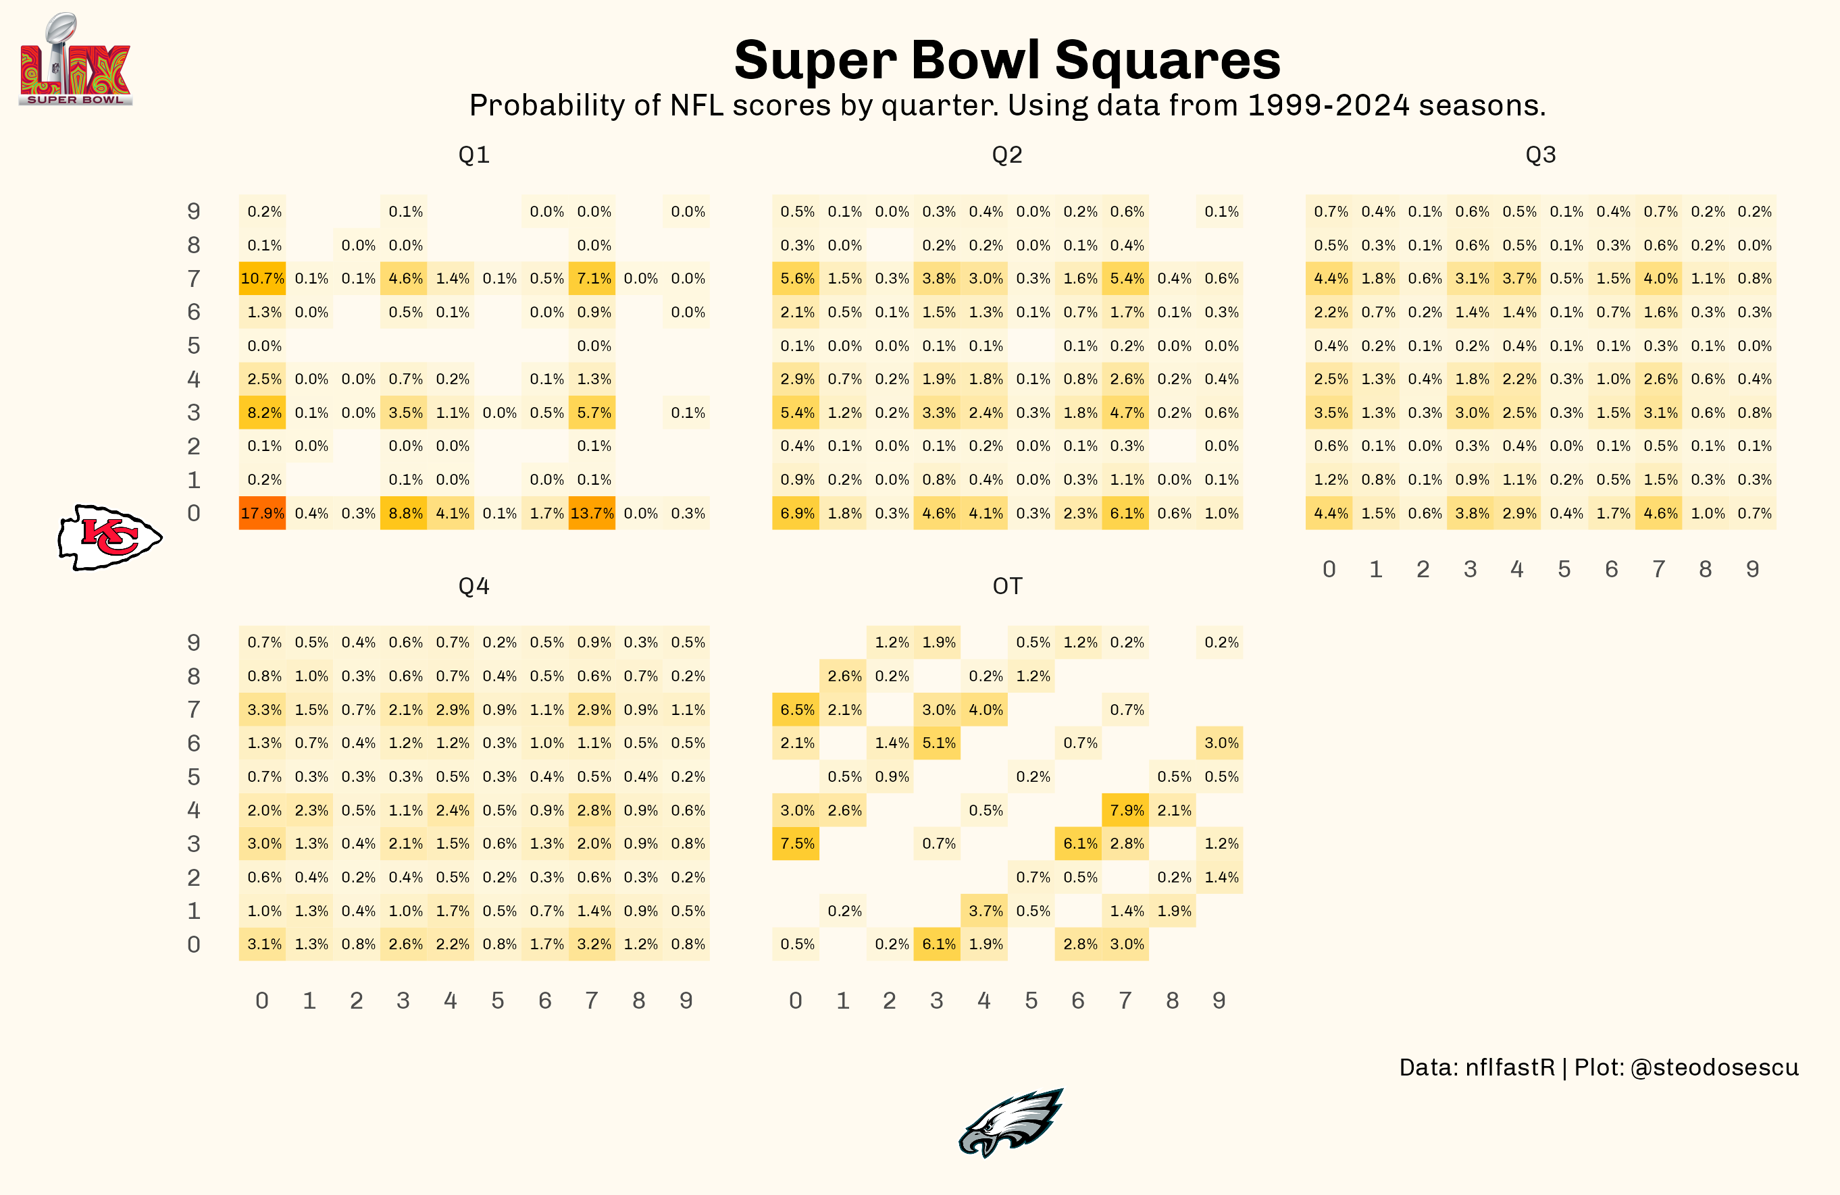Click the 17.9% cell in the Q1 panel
[x=262, y=513]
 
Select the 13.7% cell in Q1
[x=592, y=513]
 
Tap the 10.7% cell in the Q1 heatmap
[x=262, y=278]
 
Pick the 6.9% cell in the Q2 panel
[x=796, y=513]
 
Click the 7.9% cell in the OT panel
[x=1125, y=810]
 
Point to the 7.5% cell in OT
[x=796, y=843]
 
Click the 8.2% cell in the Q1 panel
[x=262, y=413]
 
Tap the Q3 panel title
[x=1540, y=155]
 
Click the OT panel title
[x=1006, y=586]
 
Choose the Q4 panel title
[x=473, y=586]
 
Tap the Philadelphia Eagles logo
[x=1011, y=1122]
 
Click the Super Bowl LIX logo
[x=75, y=60]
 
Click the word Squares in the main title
[x=1167, y=60]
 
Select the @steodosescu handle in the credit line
[x=1714, y=1067]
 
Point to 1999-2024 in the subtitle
[x=1328, y=105]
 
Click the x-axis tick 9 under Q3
[x=1753, y=570]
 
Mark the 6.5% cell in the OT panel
[x=796, y=710]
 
